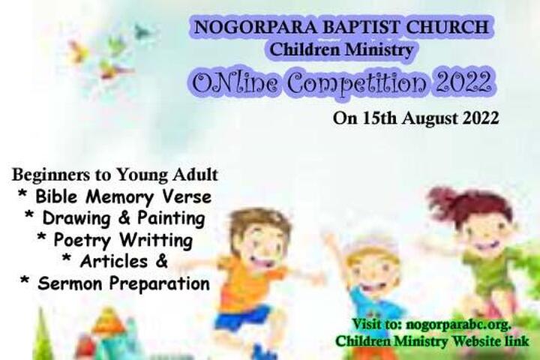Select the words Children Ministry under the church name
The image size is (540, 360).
coord(341,49)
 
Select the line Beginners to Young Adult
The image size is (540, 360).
coord(115,175)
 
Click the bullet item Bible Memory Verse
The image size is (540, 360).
coord(115,197)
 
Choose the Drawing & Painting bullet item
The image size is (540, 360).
coord(115,219)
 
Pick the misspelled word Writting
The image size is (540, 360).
coord(156,240)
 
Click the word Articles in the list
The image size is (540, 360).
coord(114,262)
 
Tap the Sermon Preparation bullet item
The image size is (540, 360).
coord(115,283)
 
